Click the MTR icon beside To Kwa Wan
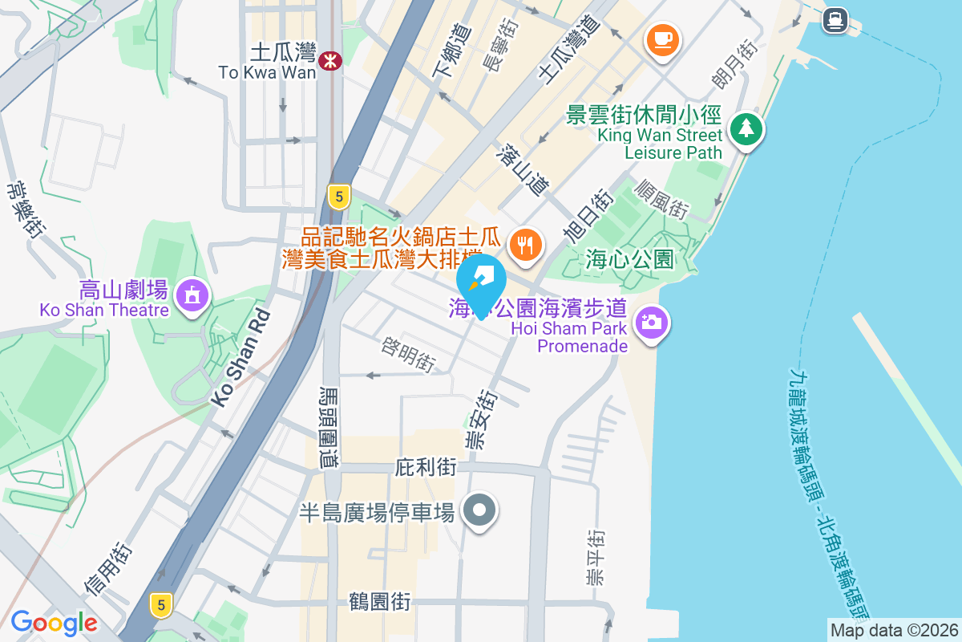click(329, 60)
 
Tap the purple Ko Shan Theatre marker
click(192, 295)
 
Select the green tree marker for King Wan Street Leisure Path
click(746, 128)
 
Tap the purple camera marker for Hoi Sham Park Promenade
click(651, 323)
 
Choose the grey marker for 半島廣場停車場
click(479, 510)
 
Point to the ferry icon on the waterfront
click(835, 18)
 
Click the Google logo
click(54, 622)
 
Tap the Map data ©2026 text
click(893, 630)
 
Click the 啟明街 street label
click(408, 354)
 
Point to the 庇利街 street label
click(426, 467)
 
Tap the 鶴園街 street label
click(380, 601)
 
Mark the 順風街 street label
click(661, 199)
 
